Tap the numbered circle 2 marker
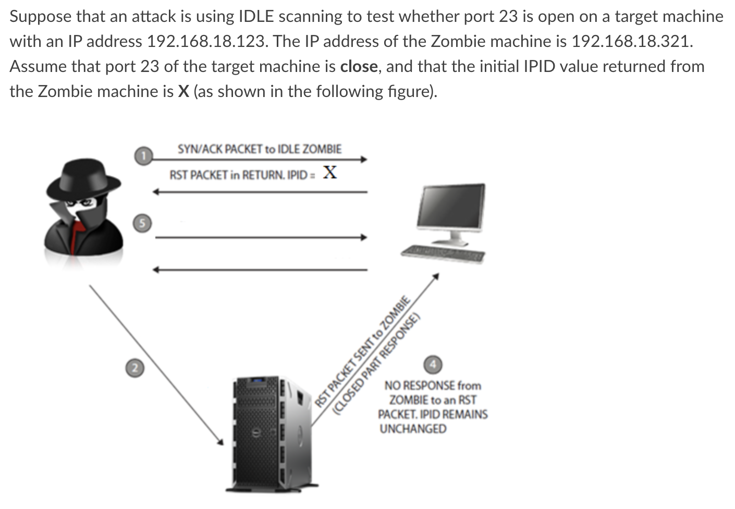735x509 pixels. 134,368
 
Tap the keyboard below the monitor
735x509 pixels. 443,253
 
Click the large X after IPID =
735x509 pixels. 329,173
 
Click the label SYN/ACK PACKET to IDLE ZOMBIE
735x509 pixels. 260,149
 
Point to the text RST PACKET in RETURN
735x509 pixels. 227,175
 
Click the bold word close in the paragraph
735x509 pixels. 359,67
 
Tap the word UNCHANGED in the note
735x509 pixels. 413,429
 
